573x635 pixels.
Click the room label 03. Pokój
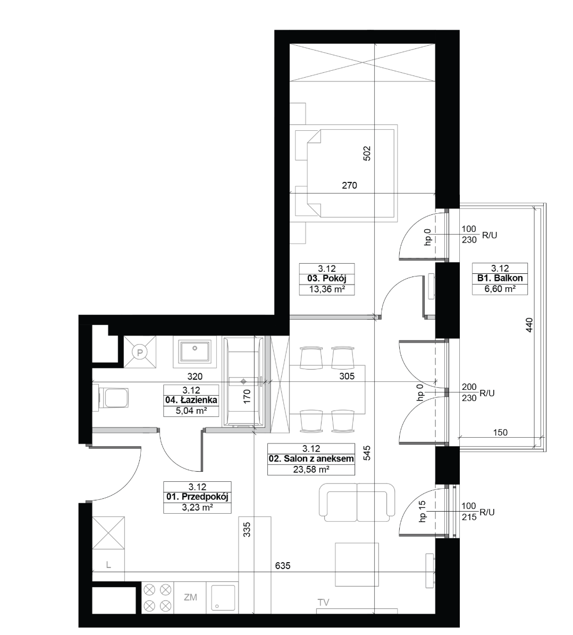[x=327, y=279]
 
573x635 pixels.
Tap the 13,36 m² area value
[x=327, y=289]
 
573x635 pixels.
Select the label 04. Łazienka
[x=191, y=400]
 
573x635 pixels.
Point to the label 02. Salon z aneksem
[x=311, y=459]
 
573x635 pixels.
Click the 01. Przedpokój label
[x=198, y=497]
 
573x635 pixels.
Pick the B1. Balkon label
[x=500, y=278]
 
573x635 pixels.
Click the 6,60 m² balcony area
[x=500, y=289]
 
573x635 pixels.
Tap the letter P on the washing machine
[x=140, y=352]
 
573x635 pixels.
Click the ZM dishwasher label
[x=190, y=597]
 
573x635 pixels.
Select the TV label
[x=323, y=603]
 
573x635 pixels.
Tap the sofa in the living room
[x=357, y=503]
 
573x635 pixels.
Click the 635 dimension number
[x=282, y=566]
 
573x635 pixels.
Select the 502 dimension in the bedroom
[x=367, y=154]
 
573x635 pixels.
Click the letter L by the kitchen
[x=108, y=565]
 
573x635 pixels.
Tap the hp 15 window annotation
[x=423, y=512]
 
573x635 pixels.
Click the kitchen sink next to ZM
[x=222, y=598]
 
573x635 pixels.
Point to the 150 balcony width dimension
[x=500, y=432]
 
